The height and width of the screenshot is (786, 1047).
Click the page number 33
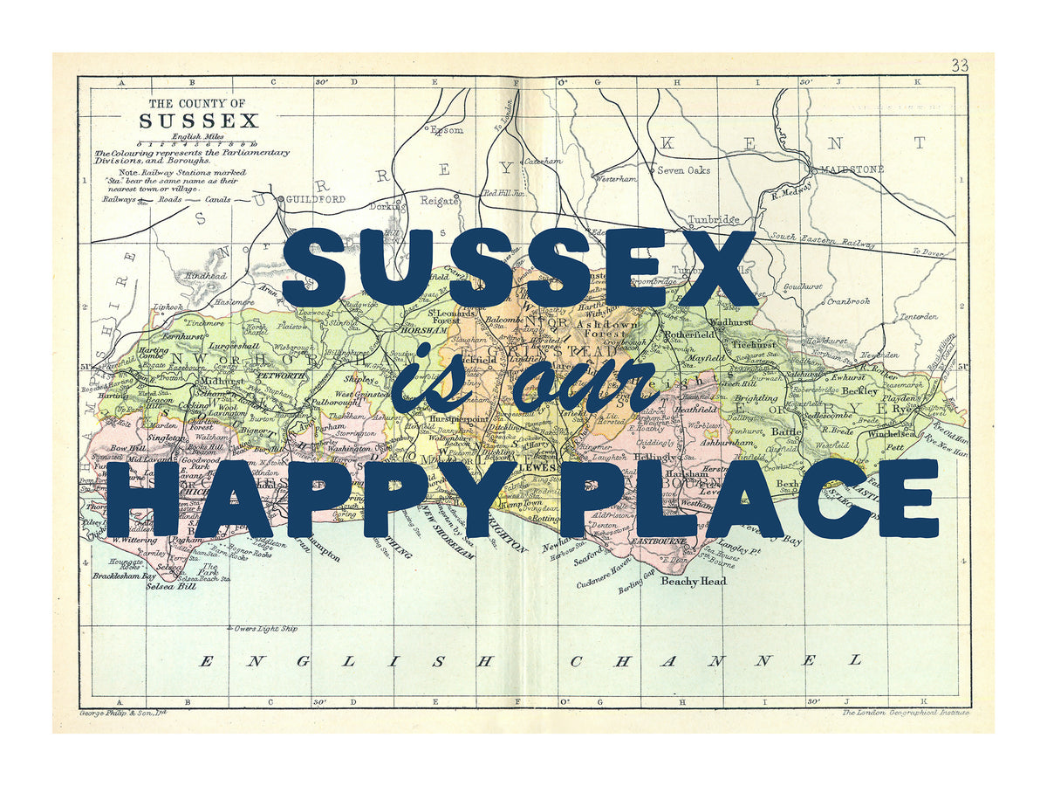point(960,65)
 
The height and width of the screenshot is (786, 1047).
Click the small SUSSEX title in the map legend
point(199,121)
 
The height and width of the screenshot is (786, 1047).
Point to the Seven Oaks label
point(683,170)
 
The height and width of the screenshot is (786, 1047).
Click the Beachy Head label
point(693,581)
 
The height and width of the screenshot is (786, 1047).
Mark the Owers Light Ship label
point(266,628)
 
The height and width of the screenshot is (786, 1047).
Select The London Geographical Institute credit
point(905,713)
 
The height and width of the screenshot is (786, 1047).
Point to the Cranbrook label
point(848,300)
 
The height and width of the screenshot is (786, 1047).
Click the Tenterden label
point(918,316)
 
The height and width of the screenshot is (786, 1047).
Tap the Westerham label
point(615,178)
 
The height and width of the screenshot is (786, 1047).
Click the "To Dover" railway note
point(928,252)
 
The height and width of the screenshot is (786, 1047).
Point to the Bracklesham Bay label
point(124,576)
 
